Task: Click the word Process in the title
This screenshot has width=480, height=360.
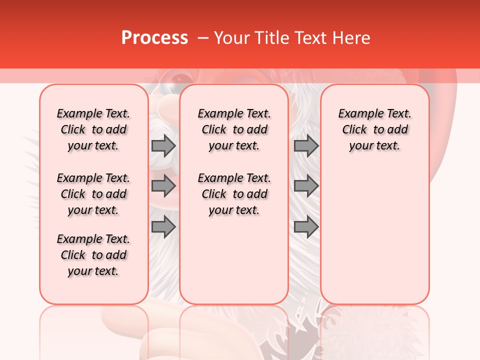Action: (x=154, y=38)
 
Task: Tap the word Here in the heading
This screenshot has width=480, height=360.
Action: (x=351, y=38)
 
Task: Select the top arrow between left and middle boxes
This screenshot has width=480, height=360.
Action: (x=163, y=146)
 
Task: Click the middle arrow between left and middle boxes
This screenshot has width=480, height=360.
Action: (x=163, y=186)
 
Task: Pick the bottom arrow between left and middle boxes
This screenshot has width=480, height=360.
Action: (x=163, y=226)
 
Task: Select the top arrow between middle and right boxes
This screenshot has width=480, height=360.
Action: (x=306, y=146)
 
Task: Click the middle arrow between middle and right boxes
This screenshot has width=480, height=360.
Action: (x=306, y=186)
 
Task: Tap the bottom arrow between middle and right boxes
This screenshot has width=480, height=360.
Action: (x=306, y=226)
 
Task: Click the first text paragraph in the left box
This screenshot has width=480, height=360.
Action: (x=93, y=129)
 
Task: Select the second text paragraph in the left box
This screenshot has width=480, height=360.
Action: (x=93, y=194)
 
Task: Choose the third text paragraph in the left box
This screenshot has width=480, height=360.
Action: (x=93, y=255)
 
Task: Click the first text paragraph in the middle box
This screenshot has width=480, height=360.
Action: (x=234, y=129)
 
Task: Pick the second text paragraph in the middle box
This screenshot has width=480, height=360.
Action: (x=234, y=194)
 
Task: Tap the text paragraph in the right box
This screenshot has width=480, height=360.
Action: (x=374, y=129)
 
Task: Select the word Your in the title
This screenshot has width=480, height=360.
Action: (x=231, y=38)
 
